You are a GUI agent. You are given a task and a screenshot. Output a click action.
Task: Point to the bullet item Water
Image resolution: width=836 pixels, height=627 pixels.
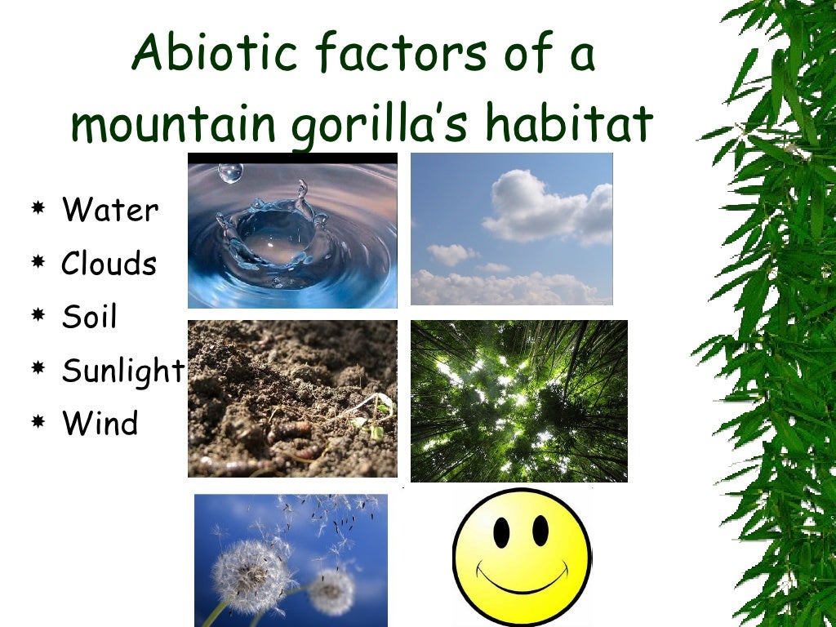(x=110, y=211)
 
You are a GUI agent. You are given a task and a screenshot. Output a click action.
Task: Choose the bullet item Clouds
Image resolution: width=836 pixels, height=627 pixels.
(x=109, y=264)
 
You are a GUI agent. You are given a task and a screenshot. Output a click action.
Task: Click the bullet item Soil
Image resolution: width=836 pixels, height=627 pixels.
(x=90, y=317)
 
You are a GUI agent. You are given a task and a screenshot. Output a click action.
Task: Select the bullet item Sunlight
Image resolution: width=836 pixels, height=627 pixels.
(x=123, y=371)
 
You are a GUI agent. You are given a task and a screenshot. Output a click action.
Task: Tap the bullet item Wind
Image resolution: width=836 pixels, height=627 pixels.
(x=100, y=424)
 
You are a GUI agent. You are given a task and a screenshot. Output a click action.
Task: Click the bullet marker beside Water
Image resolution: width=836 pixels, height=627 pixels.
(x=38, y=211)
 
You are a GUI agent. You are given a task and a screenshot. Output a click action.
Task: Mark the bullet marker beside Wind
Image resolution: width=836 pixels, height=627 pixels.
(x=38, y=424)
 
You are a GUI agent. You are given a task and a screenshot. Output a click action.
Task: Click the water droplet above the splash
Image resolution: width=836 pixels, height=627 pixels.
(x=230, y=171)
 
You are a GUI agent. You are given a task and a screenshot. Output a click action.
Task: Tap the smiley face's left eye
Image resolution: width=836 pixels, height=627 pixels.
(x=501, y=531)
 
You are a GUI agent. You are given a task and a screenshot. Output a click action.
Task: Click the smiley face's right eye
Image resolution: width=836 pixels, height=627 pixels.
(x=540, y=531)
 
